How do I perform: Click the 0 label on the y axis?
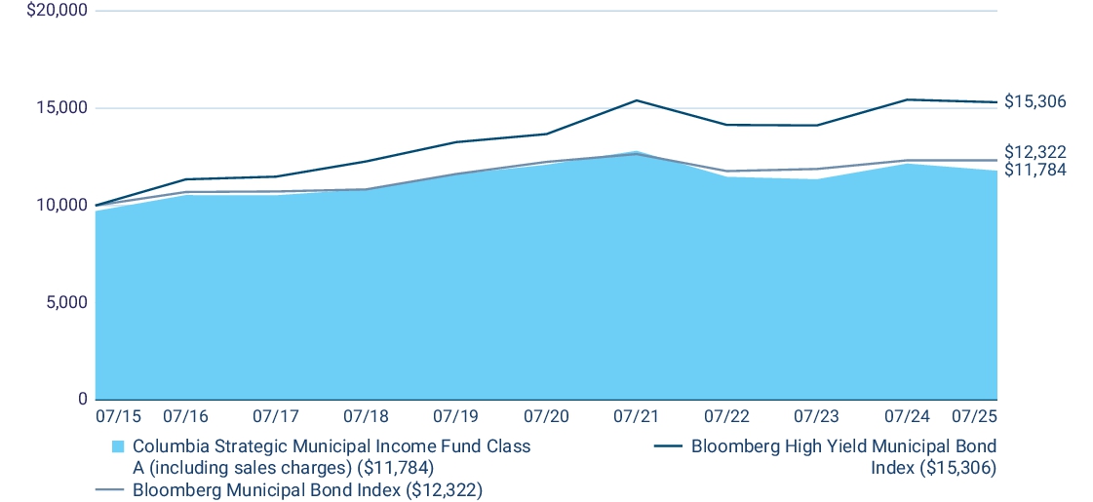pyautogui.click(x=81, y=400)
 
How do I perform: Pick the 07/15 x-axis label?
pyautogui.click(x=118, y=416)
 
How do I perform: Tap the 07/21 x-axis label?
pyautogui.click(x=636, y=416)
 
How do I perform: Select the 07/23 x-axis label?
pyautogui.click(x=816, y=416)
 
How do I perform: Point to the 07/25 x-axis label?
pyautogui.click(x=974, y=416)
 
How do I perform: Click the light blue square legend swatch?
pyautogui.click(x=118, y=446)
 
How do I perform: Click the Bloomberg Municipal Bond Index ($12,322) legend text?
pyautogui.click(x=308, y=488)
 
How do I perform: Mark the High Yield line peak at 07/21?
pyautogui.click(x=636, y=100)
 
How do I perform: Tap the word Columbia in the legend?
pyautogui.click(x=167, y=446)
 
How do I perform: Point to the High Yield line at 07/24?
pyautogui.click(x=907, y=99)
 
